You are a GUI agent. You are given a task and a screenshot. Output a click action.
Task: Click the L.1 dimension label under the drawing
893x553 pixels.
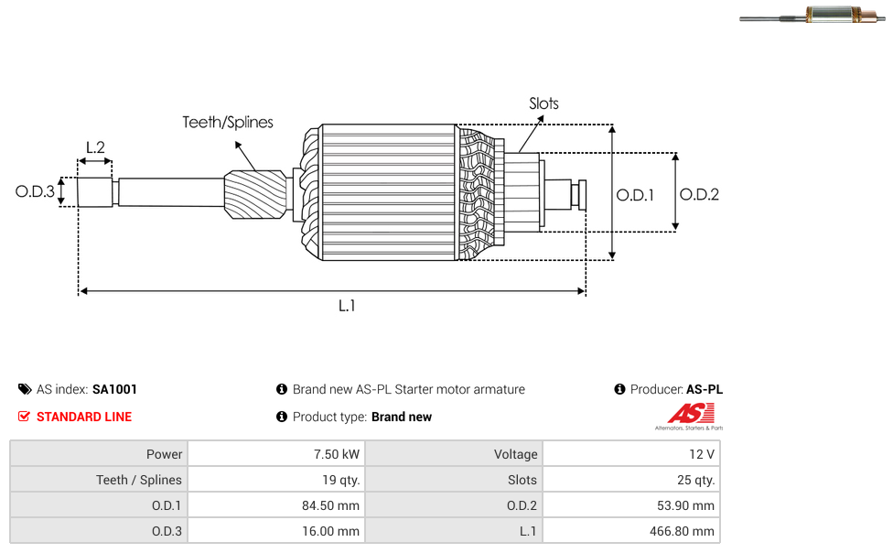point(347,306)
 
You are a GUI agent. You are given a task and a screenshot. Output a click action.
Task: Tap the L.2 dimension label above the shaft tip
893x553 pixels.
point(95,147)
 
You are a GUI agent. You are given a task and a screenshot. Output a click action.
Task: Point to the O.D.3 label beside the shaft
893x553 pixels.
point(35,191)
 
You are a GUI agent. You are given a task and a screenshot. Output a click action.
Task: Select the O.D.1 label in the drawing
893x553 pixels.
point(635,195)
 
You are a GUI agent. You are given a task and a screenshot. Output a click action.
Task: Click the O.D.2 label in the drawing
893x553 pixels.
point(699,194)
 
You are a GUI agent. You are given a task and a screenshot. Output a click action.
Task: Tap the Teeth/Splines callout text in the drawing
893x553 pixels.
point(228,122)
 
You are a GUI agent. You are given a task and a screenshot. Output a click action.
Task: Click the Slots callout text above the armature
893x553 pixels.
point(543,103)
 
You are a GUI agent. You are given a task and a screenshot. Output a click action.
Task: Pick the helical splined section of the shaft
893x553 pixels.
point(255,194)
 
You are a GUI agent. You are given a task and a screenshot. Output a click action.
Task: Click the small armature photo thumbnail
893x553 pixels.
point(812,16)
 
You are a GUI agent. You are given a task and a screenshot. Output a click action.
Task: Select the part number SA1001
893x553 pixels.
point(114,389)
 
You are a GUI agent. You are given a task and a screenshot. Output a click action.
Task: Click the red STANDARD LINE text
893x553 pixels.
point(84,417)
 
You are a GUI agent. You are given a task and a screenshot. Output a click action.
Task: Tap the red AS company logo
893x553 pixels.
point(690,416)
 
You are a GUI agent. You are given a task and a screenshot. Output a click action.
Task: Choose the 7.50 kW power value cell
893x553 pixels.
point(276,454)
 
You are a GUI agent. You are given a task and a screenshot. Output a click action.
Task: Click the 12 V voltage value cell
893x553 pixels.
point(631,454)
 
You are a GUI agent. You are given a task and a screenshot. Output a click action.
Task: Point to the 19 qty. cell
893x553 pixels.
point(276,480)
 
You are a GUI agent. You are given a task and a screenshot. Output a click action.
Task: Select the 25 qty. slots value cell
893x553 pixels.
point(631,480)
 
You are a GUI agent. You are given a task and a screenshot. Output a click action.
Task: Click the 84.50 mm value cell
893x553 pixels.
point(276,505)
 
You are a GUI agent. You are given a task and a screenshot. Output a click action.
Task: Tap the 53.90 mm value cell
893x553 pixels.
point(631,505)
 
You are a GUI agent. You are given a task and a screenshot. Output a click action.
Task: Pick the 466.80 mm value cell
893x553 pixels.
point(631,531)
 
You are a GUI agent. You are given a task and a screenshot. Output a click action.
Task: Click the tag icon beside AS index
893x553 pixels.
point(25,389)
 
